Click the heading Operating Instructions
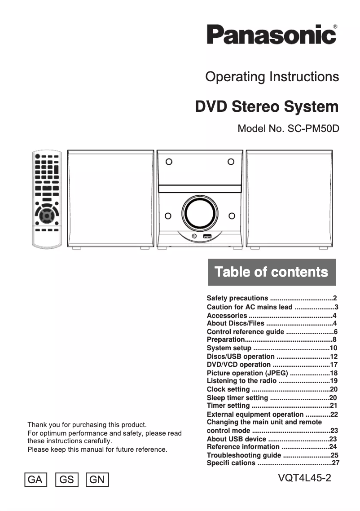272,77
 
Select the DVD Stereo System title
267,107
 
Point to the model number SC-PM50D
288,128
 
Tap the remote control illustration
46,200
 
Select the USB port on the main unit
207,236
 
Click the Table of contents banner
272,272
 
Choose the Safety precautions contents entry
237,298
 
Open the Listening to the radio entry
241,380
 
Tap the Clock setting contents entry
228,389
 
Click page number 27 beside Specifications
335,463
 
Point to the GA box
35,480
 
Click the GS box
66,480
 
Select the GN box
97,480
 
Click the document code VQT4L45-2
304,478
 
